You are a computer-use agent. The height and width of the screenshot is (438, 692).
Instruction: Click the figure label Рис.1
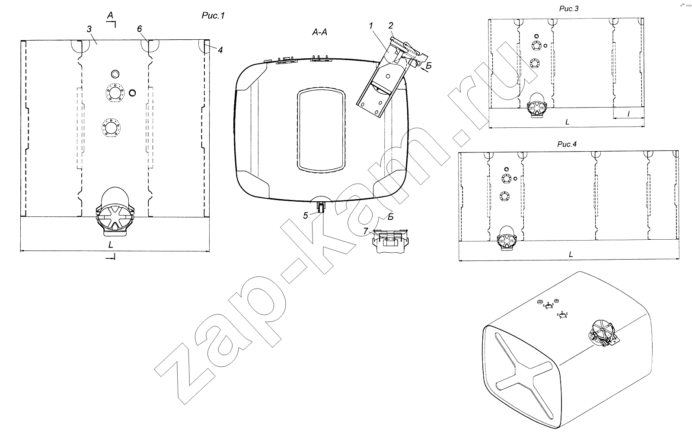coord(213,16)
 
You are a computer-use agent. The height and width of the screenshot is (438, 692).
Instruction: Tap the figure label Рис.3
coord(569,9)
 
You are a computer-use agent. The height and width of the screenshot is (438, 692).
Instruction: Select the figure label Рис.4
coord(567,144)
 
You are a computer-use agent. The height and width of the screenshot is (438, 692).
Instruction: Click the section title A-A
coord(319,32)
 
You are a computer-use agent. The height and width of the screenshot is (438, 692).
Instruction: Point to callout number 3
coord(89,29)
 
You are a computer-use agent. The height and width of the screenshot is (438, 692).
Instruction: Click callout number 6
coord(139,29)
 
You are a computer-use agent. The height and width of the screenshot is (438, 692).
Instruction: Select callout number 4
coord(220,50)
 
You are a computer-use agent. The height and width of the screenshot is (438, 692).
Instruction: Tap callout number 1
coord(371,26)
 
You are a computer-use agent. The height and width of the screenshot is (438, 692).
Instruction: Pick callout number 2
coord(391,25)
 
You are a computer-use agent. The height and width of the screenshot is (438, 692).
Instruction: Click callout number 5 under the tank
coord(305,216)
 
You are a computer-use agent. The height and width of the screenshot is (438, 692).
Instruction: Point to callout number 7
coord(366,231)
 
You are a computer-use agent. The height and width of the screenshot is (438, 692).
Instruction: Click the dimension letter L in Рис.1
coord(111,245)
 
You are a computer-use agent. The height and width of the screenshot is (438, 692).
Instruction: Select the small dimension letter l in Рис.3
coord(628,114)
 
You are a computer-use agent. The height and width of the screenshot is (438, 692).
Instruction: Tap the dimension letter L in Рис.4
coord(571,254)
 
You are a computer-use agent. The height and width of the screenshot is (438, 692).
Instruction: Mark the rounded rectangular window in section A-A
coord(321,130)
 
